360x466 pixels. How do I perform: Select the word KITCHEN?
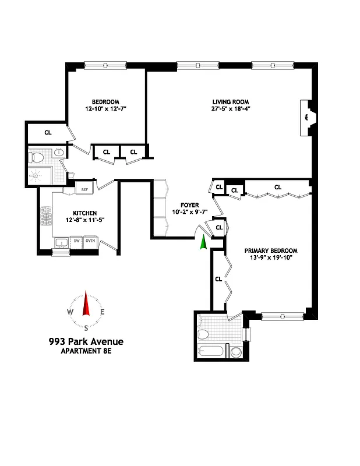tap(84, 213)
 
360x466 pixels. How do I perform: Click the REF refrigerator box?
tap(84, 189)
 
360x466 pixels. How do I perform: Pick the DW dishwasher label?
tap(76, 241)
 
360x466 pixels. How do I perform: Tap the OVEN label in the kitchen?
tap(90, 241)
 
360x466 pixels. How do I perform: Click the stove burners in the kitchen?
tap(45, 219)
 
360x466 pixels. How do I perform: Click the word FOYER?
tap(189, 205)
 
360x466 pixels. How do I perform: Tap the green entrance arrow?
tap(203, 242)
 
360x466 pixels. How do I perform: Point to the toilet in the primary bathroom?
tap(203, 334)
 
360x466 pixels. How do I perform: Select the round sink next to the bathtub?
tap(236, 352)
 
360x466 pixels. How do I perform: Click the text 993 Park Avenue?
tap(86, 341)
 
